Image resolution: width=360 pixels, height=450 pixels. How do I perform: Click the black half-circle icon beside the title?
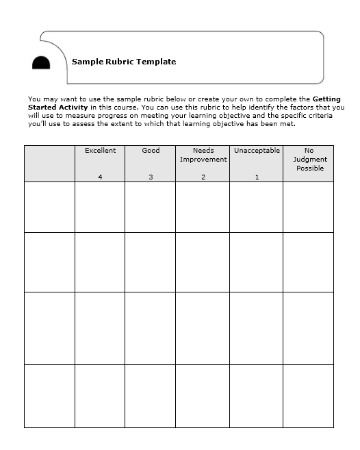click(x=41, y=62)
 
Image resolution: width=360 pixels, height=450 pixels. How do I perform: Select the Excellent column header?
click(x=100, y=151)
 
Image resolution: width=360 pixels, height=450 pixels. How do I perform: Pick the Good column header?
click(x=151, y=151)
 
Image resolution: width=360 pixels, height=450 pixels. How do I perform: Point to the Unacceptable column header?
click(x=257, y=151)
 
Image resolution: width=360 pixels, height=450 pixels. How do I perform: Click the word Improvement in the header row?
click(x=203, y=160)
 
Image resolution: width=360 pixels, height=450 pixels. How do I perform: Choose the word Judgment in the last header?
click(x=309, y=160)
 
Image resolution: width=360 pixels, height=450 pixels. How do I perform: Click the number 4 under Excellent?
click(x=100, y=177)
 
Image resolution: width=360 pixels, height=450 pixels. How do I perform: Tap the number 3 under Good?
click(x=151, y=177)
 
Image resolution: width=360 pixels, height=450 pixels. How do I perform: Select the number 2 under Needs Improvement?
click(x=203, y=177)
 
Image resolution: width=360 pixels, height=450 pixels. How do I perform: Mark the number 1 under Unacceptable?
click(x=257, y=177)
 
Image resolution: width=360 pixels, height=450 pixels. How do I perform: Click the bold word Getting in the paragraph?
click(x=328, y=99)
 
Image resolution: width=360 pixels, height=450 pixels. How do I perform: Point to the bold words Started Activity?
click(x=57, y=107)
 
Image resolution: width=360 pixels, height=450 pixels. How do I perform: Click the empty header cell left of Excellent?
click(x=49, y=163)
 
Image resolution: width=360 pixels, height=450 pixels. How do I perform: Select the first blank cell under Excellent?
click(x=100, y=207)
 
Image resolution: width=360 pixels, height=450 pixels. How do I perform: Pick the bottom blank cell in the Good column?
click(x=151, y=396)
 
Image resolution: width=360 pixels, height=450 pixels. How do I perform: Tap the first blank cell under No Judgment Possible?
click(x=309, y=207)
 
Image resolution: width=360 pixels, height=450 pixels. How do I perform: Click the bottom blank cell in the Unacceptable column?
click(x=257, y=396)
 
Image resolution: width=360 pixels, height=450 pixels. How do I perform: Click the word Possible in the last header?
click(x=310, y=168)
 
